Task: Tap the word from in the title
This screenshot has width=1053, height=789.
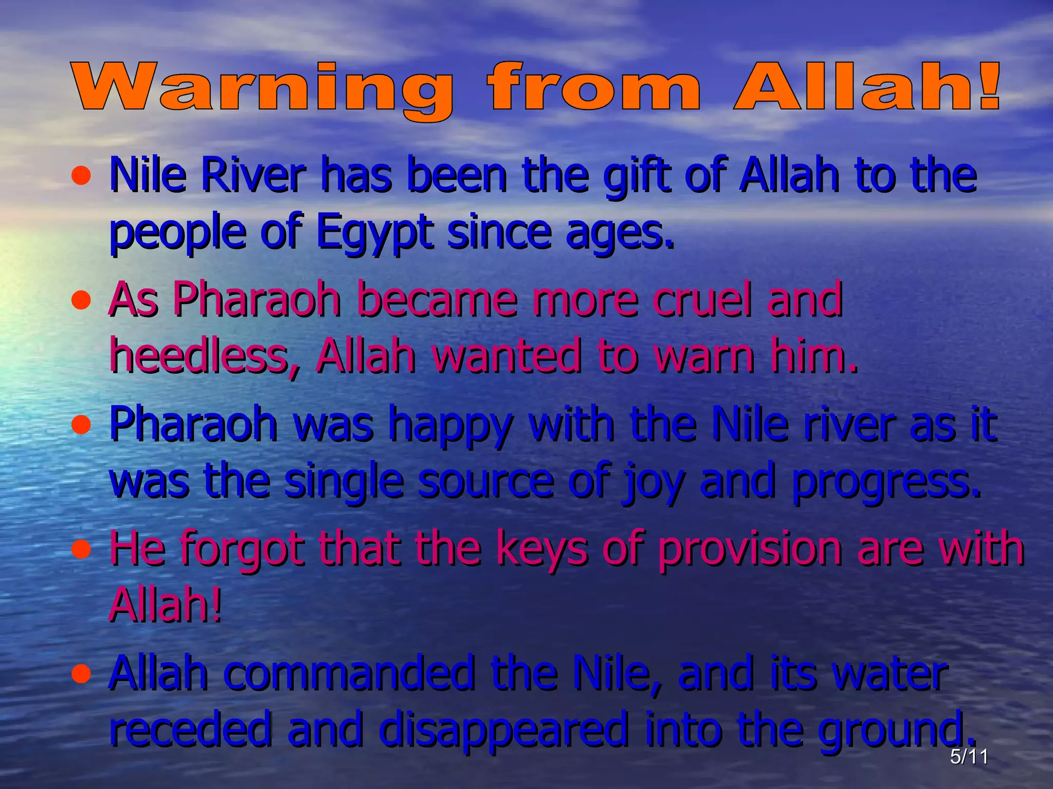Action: [594, 87]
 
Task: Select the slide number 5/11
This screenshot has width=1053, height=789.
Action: [969, 757]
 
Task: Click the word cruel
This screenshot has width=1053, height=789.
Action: [702, 299]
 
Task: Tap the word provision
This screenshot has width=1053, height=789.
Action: [750, 549]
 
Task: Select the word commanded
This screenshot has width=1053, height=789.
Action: [349, 673]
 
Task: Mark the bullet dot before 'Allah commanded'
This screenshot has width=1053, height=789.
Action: [81, 673]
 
